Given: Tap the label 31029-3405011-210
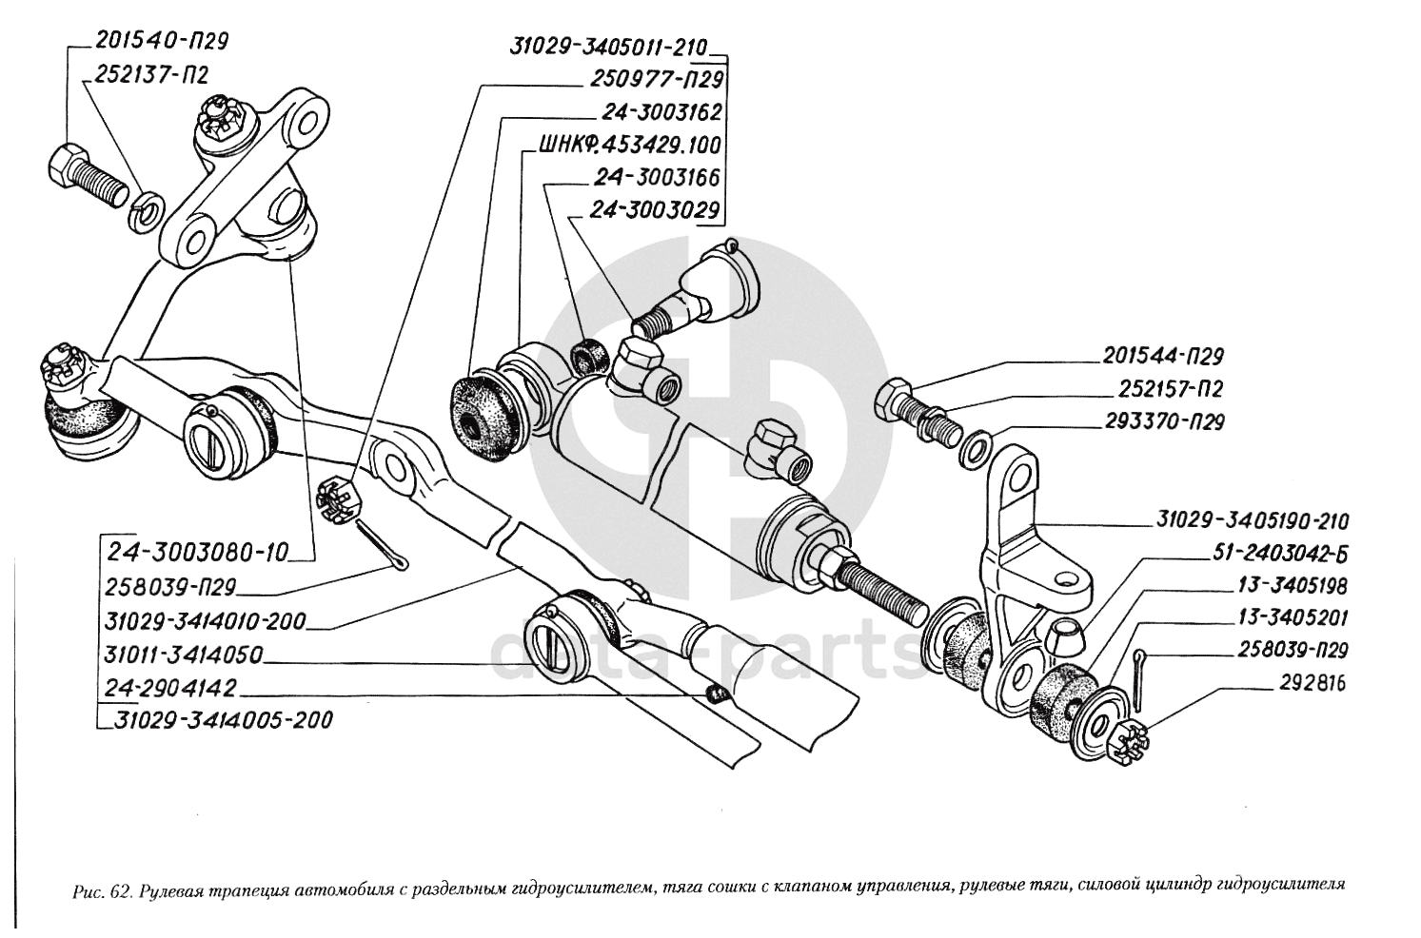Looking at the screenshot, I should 610,49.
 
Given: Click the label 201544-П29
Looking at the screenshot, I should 1162,357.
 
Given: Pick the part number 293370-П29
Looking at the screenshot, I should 1164,421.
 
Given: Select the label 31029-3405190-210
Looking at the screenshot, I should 1253,521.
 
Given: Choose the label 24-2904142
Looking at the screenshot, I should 171,687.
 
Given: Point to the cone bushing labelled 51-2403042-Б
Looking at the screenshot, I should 1066,634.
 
